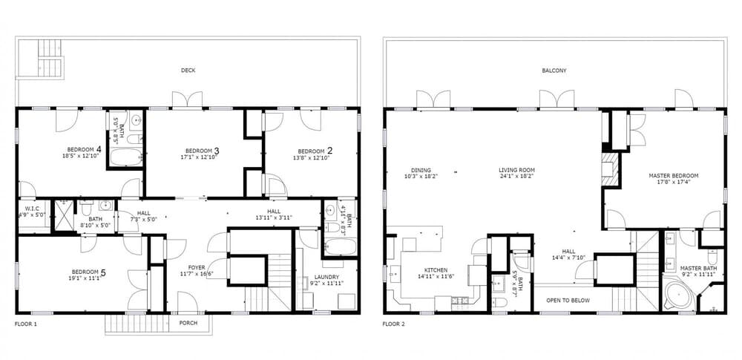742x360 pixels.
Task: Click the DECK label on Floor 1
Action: pos(188,71)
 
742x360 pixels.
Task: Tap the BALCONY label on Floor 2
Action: pos(554,71)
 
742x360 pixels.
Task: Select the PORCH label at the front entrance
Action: pos(188,323)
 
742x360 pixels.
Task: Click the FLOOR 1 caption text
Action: pos(26,324)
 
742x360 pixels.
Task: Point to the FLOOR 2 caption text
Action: pos(393,324)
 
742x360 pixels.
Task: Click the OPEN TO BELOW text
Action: pos(568,301)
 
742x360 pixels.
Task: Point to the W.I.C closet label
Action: pos(32,209)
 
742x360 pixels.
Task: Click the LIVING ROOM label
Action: pos(516,170)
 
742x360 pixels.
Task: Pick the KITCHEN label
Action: pos(436,270)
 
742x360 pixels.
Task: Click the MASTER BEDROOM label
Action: pos(673,176)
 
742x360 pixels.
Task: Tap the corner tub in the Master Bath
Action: pos(679,295)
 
